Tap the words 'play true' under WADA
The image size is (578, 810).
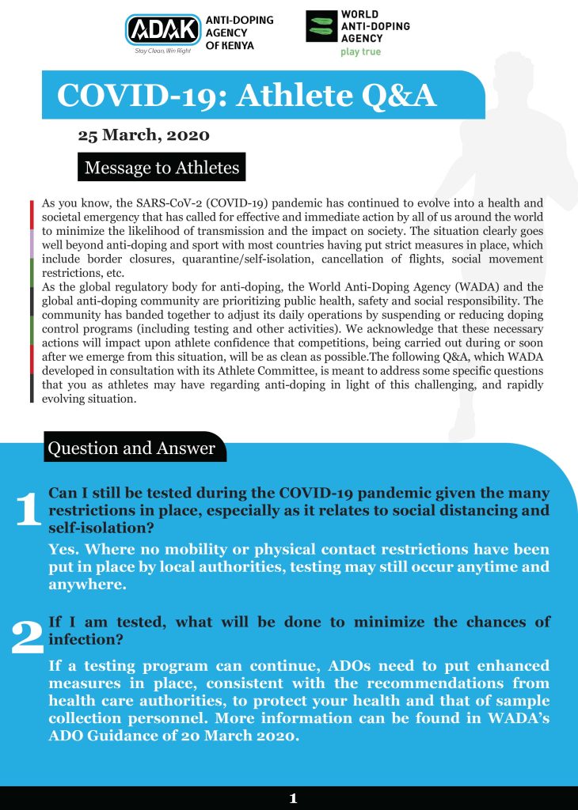tap(360, 52)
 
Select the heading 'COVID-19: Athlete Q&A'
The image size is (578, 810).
tap(246, 95)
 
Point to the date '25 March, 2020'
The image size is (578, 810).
tap(143, 135)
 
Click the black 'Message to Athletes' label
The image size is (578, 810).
tap(162, 168)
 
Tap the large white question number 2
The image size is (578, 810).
tap(28, 638)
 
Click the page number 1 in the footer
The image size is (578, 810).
tap(293, 798)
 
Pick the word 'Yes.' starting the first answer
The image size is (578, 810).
tap(66, 549)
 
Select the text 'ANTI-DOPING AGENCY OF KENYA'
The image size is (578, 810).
tap(238, 33)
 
